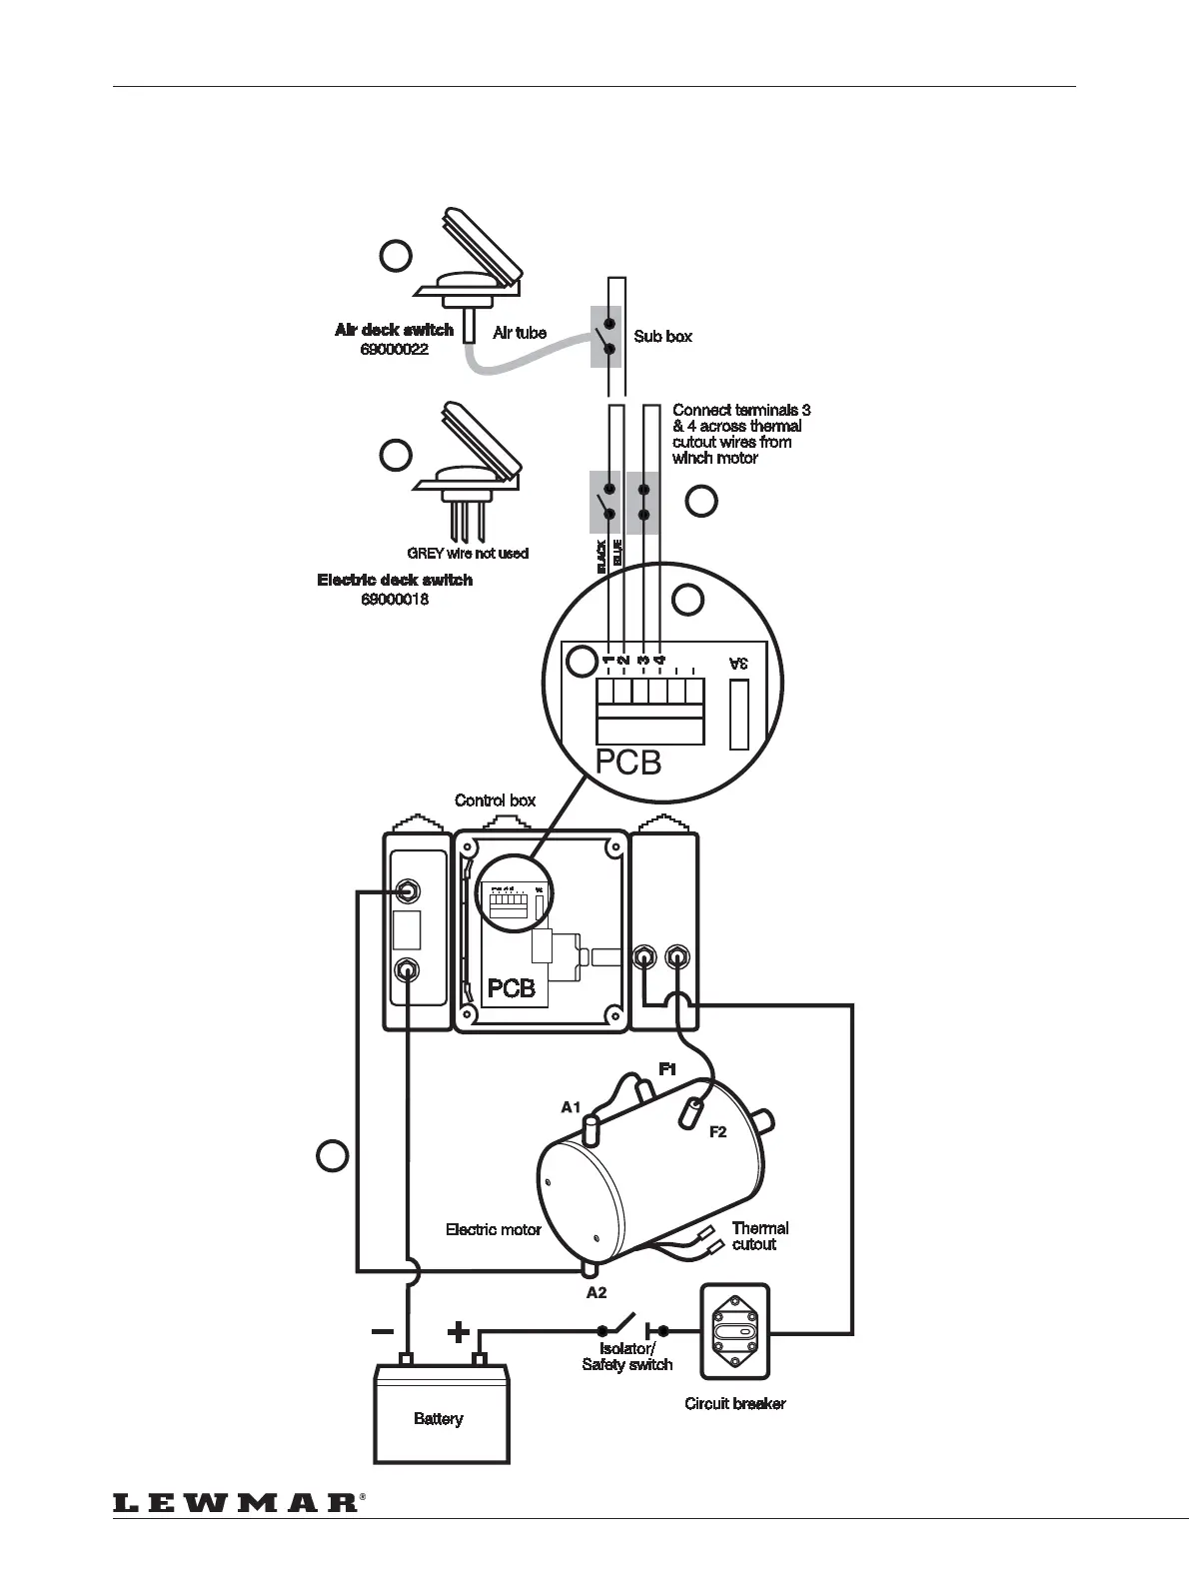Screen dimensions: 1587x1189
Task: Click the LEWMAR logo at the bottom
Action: point(236,1502)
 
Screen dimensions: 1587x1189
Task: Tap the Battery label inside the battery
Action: point(438,1418)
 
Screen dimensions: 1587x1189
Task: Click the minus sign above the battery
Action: point(381,1331)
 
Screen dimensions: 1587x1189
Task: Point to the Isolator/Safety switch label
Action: point(627,1357)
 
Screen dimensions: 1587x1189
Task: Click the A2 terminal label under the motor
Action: point(596,1292)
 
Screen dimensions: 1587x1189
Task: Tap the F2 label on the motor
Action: point(717,1132)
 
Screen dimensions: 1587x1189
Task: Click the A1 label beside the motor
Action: point(571,1106)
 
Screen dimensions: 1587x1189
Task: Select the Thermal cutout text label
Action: point(759,1236)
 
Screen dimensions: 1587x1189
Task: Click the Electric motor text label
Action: point(493,1229)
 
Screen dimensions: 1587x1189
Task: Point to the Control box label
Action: point(495,800)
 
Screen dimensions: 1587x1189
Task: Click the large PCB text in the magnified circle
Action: point(628,763)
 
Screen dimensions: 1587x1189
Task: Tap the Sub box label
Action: point(662,337)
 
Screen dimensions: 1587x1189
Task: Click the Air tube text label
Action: point(520,333)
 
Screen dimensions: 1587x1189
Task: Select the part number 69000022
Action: point(395,350)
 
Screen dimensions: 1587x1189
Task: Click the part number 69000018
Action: point(395,600)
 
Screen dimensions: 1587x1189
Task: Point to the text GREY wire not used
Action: point(467,553)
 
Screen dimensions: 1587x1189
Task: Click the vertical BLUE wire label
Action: point(617,553)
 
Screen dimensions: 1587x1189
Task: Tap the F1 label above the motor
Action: point(667,1068)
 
